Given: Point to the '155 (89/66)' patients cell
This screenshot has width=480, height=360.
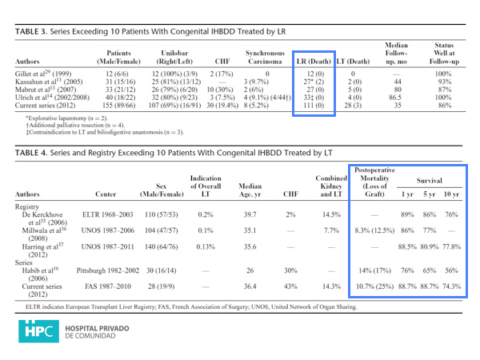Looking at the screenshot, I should (114, 106).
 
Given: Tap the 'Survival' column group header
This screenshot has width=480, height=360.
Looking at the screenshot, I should (429, 182).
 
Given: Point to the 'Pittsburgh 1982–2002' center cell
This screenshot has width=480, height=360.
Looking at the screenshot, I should (112, 270).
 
